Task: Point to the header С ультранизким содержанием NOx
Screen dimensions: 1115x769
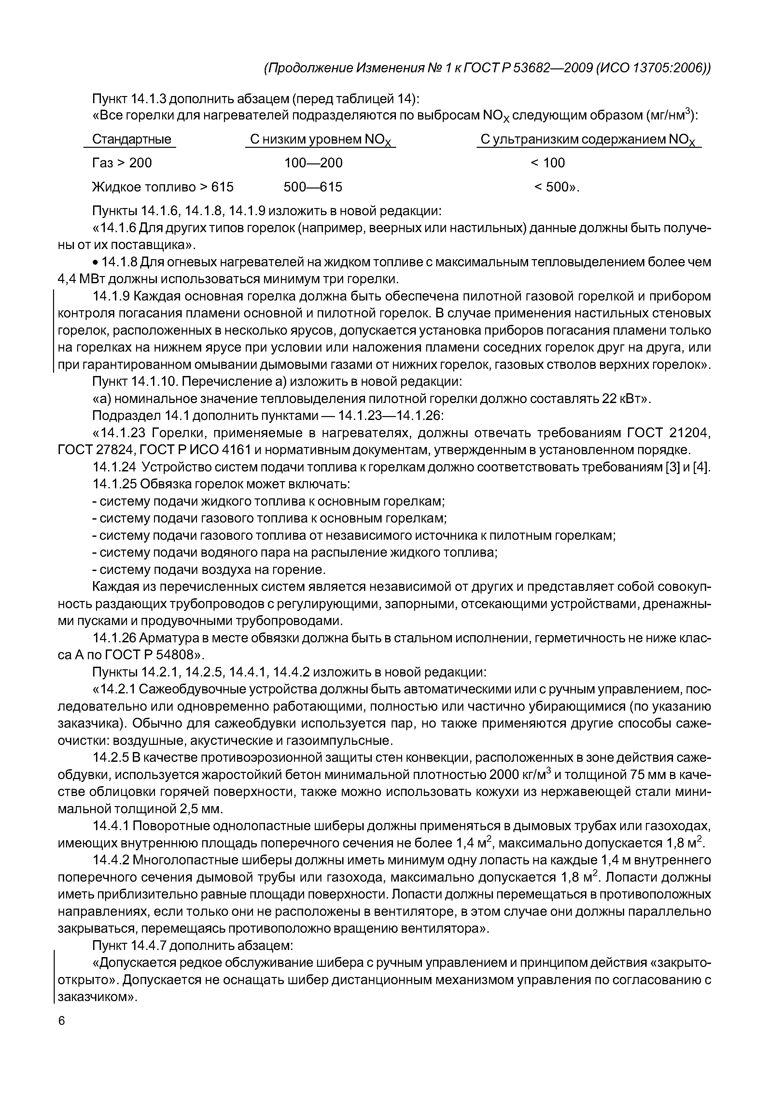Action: pyautogui.click(x=588, y=140)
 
